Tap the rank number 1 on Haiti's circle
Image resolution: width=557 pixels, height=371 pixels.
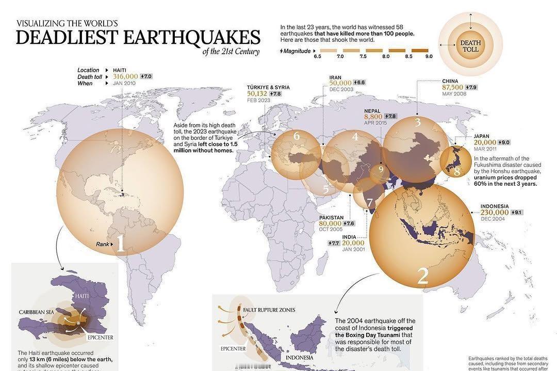(x=120, y=244)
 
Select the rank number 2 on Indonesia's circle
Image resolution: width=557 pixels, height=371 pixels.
(x=422, y=277)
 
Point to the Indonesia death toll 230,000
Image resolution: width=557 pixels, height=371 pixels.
(x=495, y=213)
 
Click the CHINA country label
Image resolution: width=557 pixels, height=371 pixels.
(x=450, y=81)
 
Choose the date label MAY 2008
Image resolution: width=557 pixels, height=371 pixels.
(x=454, y=94)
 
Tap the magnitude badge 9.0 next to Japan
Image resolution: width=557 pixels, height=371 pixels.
(x=504, y=142)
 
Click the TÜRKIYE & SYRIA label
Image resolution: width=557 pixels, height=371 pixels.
(x=268, y=88)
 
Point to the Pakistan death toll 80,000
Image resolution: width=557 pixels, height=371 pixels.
(x=330, y=223)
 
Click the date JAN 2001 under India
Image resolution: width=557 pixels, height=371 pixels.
(x=353, y=250)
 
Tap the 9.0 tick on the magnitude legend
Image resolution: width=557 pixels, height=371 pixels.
(x=429, y=56)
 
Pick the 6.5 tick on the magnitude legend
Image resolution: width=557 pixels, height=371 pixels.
(x=317, y=56)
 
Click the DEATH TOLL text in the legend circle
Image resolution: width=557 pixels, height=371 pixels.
(x=470, y=46)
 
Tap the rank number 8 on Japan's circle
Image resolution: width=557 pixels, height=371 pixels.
(x=456, y=171)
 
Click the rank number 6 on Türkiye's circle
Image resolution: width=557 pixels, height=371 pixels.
(x=297, y=136)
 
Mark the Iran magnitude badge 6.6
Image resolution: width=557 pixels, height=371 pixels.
(x=359, y=83)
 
